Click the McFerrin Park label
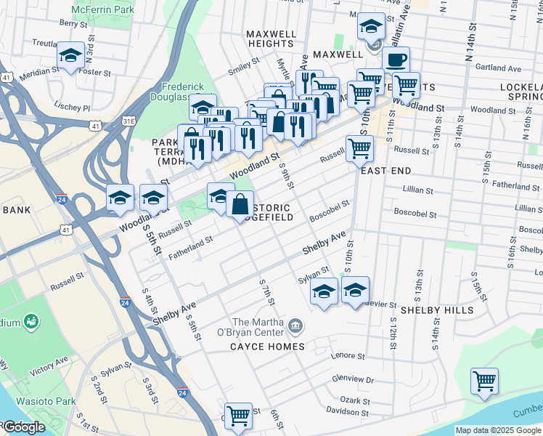pyautogui.click(x=104, y=12)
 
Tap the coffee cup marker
pyautogui.click(x=396, y=60)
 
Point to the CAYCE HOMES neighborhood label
pyautogui.click(x=267, y=347)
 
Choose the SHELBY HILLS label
pyautogui.click(x=437, y=310)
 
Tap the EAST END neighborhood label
pyautogui.click(x=386, y=171)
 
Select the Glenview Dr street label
pyautogui.click(x=352, y=379)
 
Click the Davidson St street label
pyautogui.click(x=343, y=410)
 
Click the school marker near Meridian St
pyautogui.click(x=70, y=56)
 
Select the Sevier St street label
pyautogui.click(x=381, y=304)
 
